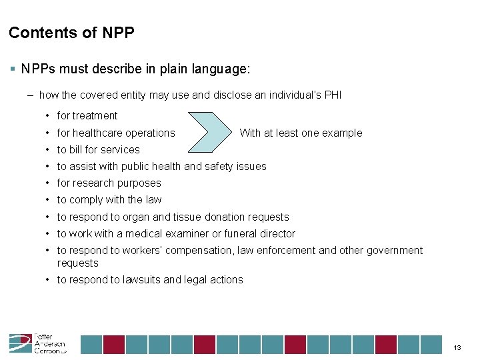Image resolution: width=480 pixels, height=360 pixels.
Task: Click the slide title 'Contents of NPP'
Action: point(72,33)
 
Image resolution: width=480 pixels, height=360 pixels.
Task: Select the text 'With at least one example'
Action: point(301,133)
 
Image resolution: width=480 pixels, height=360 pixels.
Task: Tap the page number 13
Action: point(457,348)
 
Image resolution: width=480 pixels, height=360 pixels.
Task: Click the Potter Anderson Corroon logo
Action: point(37,343)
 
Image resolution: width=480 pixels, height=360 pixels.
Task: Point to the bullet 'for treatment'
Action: point(87,116)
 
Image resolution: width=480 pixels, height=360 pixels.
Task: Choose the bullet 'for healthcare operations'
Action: point(115,133)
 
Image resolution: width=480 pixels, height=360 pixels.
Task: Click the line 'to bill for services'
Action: point(98,149)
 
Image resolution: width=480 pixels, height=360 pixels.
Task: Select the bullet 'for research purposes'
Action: point(109,183)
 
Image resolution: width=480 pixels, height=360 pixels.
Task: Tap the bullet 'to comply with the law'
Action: point(109,199)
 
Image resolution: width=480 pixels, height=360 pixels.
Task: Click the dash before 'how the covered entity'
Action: point(31,95)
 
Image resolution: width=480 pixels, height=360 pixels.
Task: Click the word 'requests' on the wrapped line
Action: point(77,263)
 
